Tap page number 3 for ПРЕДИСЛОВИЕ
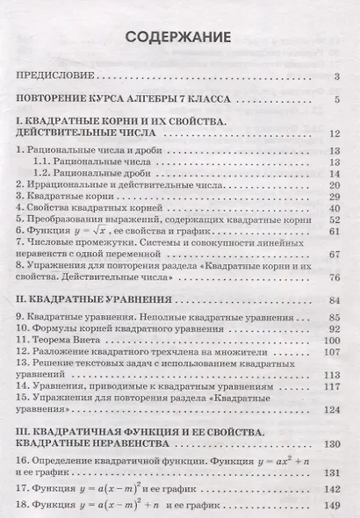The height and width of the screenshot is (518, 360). coord(336,78)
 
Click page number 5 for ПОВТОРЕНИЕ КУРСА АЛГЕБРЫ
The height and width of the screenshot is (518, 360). coord(336,98)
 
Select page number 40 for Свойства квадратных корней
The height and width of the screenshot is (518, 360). coord(334,211)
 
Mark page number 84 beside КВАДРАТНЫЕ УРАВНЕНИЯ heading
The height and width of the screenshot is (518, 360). coord(334,300)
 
